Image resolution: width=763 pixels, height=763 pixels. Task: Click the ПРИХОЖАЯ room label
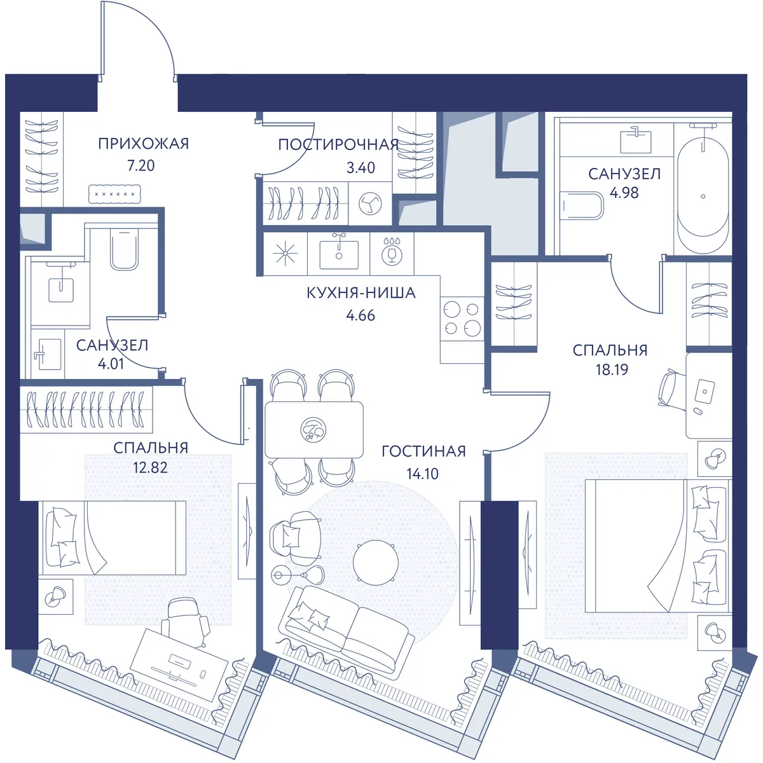tap(143, 143)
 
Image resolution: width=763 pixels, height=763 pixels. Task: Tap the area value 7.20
tap(141, 165)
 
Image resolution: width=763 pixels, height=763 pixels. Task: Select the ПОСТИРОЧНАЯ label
tap(338, 145)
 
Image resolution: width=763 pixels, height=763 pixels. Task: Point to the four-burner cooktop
tap(462, 319)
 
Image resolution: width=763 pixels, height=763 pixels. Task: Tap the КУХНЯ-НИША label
tap(361, 293)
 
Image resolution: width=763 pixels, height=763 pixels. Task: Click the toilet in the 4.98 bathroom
tap(582, 205)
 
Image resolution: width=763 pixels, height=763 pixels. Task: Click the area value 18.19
tap(612, 369)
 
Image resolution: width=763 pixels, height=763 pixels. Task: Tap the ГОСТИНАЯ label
tap(423, 451)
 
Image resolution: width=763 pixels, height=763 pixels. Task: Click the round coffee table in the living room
tap(375, 562)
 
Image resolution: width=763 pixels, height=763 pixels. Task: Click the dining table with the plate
tap(314, 430)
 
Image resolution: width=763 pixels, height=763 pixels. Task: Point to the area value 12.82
tap(150, 467)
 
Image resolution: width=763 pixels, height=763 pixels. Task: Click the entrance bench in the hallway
tap(114, 194)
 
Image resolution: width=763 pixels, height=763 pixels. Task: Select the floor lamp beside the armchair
tap(298, 575)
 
